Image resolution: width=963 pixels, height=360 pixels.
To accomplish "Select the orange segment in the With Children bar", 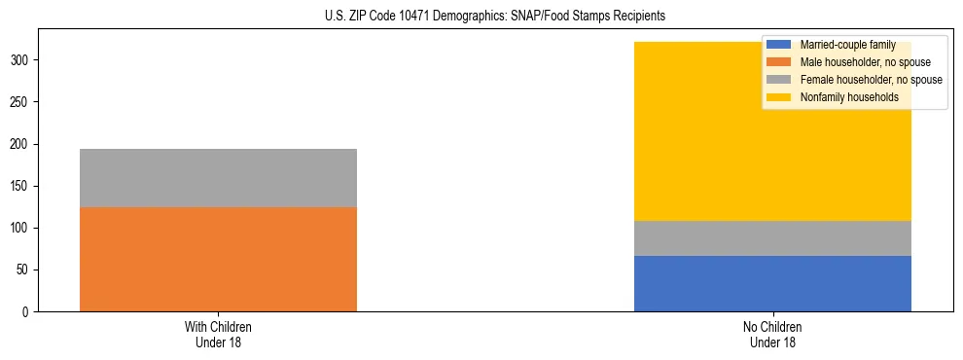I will (218, 259).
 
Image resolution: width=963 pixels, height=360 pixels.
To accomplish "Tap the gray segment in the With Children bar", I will (218, 178).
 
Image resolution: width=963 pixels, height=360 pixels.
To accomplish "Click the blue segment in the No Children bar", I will (772, 283).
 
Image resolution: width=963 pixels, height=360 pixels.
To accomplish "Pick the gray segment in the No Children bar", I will (772, 238).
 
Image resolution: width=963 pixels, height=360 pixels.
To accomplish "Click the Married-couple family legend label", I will (847, 45).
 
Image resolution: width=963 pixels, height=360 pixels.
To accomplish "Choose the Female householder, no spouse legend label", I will (871, 80).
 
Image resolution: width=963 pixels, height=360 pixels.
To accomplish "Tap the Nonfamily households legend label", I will (849, 97).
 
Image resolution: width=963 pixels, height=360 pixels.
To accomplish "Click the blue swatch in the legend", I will (779, 45).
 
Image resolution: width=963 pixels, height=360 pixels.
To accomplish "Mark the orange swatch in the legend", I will (779, 62).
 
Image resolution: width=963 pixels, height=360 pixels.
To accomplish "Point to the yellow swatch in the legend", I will (779, 97).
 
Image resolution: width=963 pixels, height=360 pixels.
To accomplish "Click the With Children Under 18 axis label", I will (218, 334).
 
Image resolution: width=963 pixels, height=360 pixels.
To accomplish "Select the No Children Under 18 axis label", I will (772, 334).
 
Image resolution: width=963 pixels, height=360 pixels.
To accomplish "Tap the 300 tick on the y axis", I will (22, 60).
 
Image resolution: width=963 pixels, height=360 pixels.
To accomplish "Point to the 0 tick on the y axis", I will (28, 311).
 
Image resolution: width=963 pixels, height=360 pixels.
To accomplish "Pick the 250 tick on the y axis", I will (22, 102).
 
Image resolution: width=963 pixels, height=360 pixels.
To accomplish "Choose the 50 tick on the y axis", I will (25, 270).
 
